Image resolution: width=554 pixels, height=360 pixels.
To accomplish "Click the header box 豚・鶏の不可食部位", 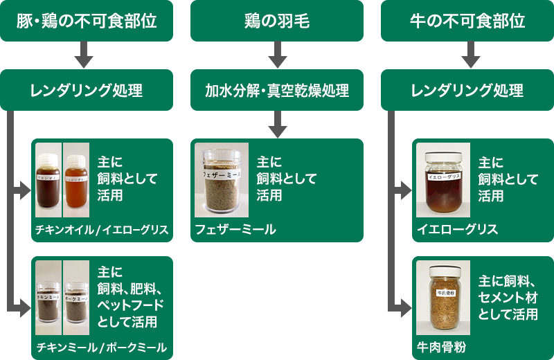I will (87, 21).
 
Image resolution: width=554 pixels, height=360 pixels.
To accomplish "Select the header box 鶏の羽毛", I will (277, 21).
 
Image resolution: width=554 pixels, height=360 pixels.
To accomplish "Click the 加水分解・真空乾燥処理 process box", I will (277, 91).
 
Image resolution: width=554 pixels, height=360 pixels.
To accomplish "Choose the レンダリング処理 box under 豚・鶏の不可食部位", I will (87, 91).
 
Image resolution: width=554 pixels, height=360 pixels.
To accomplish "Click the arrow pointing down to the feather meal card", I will (277, 125).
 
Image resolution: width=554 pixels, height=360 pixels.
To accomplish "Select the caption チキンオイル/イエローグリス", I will (102, 230).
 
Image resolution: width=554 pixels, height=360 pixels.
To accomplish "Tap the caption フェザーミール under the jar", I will (235, 230).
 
